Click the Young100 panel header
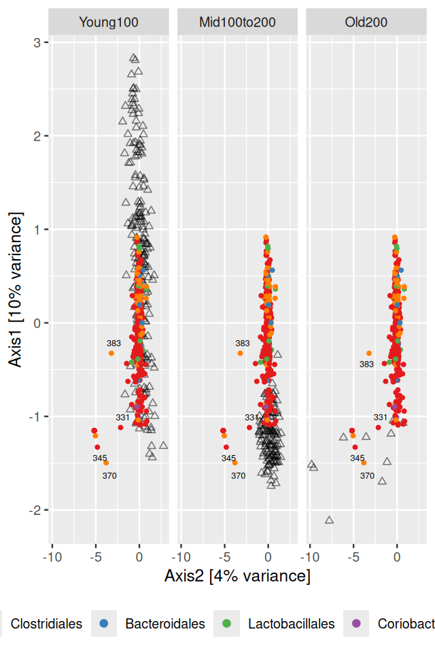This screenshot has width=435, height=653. click(x=109, y=22)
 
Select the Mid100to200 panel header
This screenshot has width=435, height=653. click(x=237, y=22)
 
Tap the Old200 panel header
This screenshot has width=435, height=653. click(x=366, y=22)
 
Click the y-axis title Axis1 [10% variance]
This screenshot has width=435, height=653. click(x=16, y=289)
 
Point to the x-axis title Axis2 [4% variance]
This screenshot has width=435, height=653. click(x=237, y=576)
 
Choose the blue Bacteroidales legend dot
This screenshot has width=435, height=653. click(x=103, y=623)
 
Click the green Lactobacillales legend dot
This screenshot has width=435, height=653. click(x=226, y=623)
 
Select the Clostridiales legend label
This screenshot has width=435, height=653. click(x=46, y=624)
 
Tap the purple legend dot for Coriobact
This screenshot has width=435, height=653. click(x=356, y=623)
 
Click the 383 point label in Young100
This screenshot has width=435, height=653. click(x=114, y=344)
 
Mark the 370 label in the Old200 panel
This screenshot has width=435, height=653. click(x=367, y=475)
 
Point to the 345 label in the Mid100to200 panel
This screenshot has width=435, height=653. click(x=229, y=458)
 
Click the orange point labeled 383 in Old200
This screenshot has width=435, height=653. click(x=369, y=353)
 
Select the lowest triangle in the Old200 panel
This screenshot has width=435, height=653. click(x=330, y=520)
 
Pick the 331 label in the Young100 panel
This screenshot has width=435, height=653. click(x=122, y=417)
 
